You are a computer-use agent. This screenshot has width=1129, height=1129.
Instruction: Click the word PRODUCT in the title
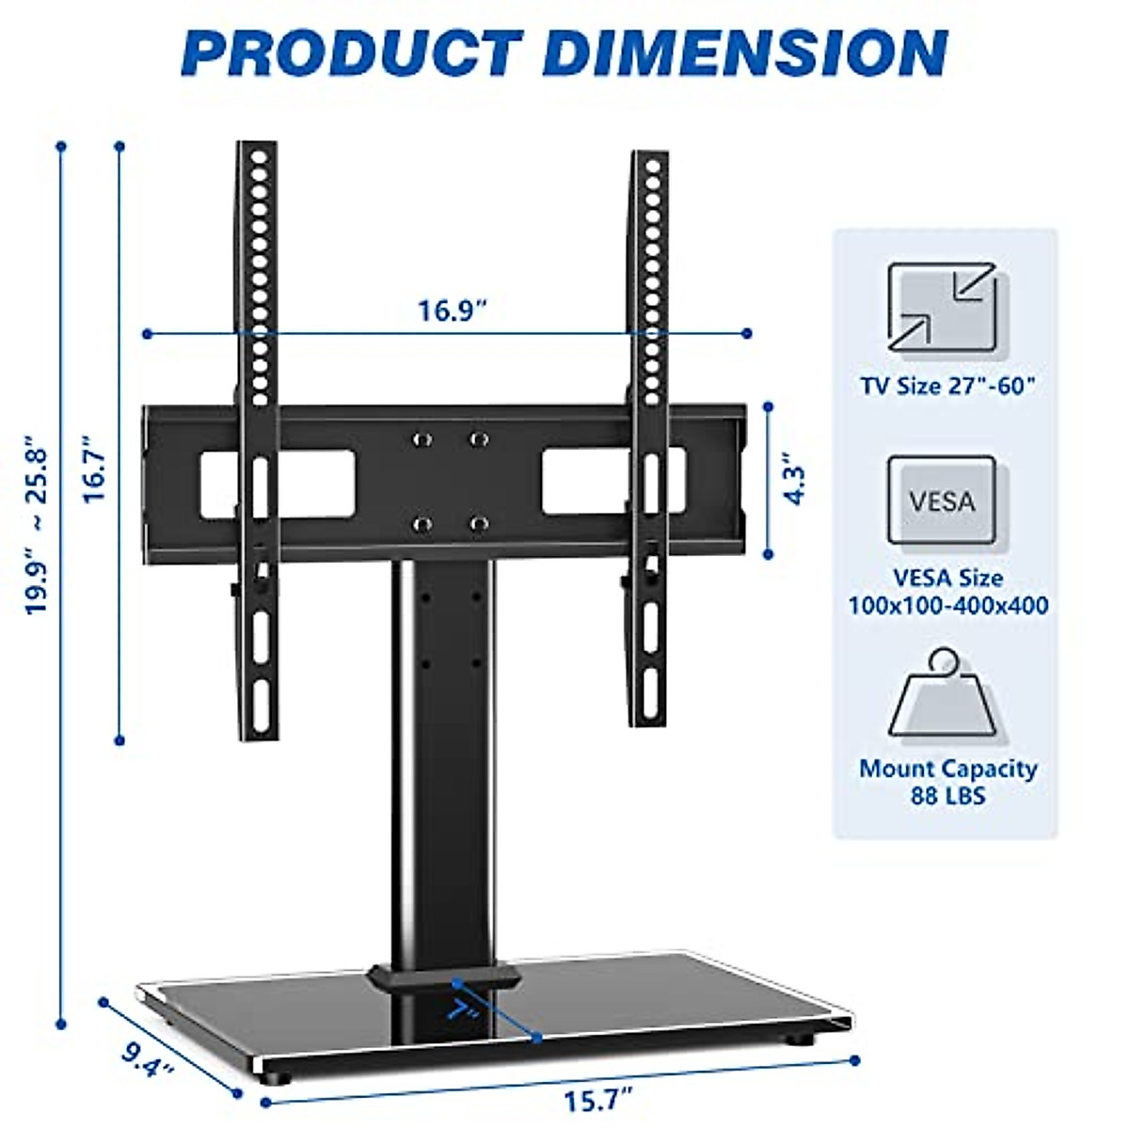[352, 53]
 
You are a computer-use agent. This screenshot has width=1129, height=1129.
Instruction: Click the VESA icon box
[942, 500]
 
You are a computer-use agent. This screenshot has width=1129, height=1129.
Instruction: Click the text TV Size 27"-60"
[947, 386]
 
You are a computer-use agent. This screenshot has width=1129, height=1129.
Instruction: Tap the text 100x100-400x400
[948, 605]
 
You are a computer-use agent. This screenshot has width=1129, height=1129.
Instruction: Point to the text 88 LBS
[948, 795]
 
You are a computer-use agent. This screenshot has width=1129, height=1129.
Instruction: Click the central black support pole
[442, 753]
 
